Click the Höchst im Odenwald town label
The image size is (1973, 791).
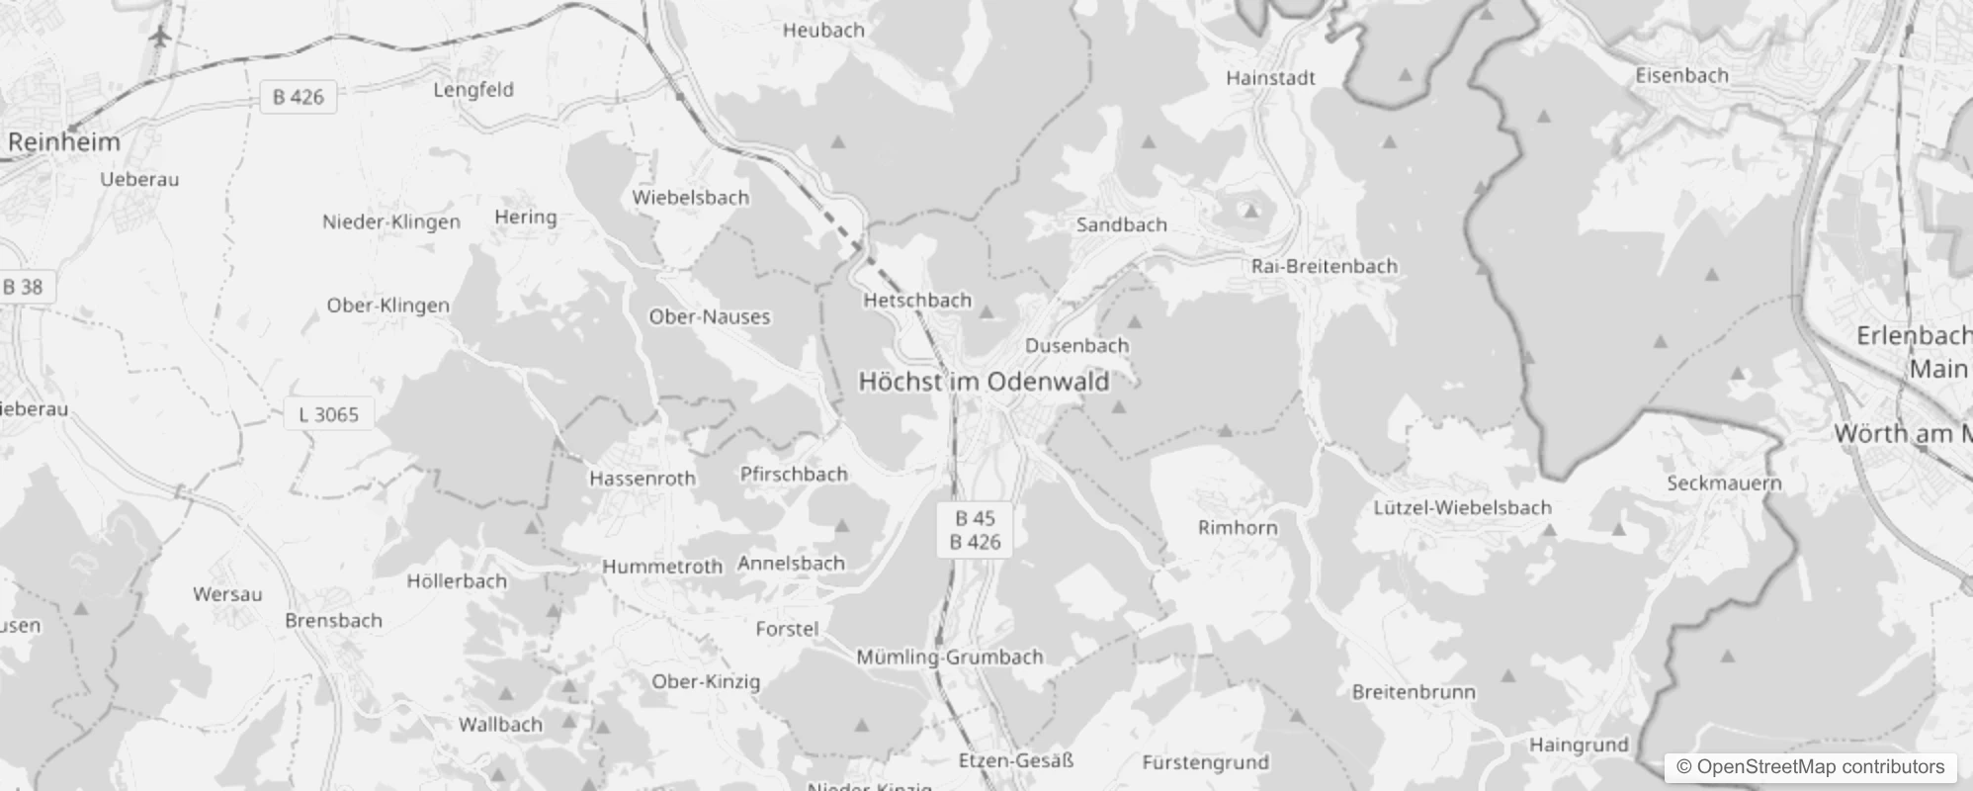[984, 382]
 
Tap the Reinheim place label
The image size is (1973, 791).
[63, 141]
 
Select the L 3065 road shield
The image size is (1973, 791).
[329, 414]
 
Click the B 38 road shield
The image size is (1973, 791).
[23, 287]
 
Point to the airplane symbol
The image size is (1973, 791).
[159, 37]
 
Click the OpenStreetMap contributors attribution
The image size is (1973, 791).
[1810, 767]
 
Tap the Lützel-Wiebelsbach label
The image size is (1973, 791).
[1462, 507]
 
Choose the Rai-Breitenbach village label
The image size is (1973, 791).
[1324, 266]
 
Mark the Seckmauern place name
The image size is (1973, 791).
[1724, 483]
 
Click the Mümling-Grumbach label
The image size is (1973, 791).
[949, 657]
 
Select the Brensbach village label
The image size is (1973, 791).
[333, 621]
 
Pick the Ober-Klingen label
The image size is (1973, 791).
[387, 306]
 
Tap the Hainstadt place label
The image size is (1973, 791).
[1270, 77]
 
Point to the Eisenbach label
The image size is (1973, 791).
[1681, 75]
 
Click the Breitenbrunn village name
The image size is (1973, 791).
[1414, 692]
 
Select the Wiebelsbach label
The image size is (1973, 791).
[690, 197]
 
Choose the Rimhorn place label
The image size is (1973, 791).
[1238, 527]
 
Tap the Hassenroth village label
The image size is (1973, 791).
[643, 479]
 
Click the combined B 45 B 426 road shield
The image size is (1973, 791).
[975, 530]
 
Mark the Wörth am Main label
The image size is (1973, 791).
[1903, 433]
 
